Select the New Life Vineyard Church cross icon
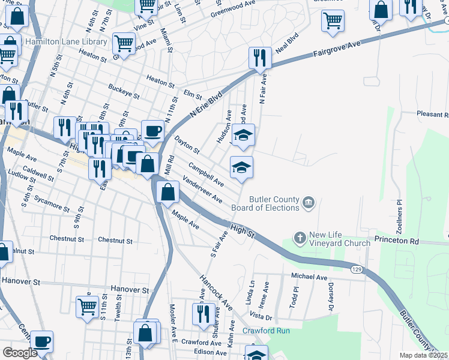coord(300,238)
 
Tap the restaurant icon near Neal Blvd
coord(259,58)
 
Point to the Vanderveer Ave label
coord(203,191)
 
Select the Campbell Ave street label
coord(206,173)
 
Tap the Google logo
coord(20,353)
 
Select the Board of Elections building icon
coord(309,203)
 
